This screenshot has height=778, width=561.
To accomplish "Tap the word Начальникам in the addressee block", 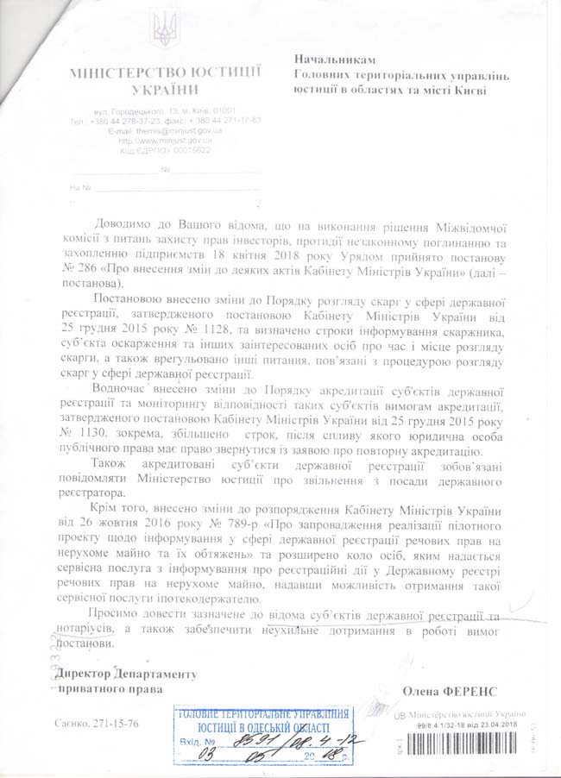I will pos(336,60).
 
